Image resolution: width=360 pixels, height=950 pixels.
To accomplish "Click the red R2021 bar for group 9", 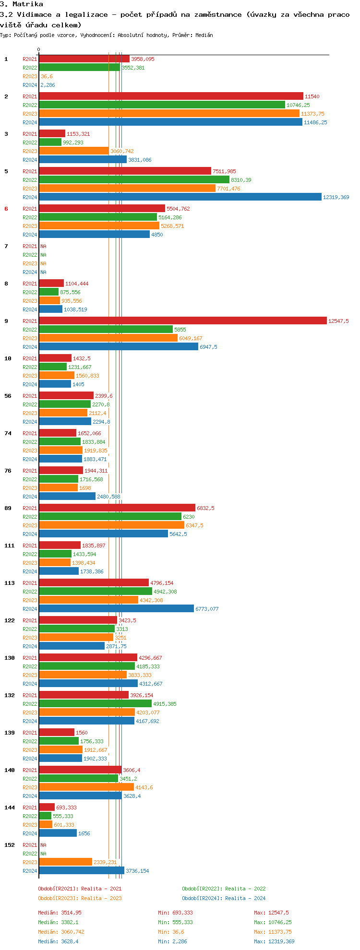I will coord(182,321).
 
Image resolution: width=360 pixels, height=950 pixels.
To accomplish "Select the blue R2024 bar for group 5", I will coord(180,197).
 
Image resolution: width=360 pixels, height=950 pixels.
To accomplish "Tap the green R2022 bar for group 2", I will coord(162,105).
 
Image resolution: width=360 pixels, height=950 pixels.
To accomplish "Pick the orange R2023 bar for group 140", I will coord(86,787).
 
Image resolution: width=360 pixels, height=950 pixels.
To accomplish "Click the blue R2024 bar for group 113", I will coord(116,608).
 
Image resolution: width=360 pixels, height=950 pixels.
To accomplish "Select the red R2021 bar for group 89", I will coord(117,508).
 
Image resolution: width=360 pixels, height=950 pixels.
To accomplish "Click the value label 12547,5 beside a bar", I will coord(338,321).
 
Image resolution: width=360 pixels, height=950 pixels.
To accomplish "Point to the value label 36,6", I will coord(47,76).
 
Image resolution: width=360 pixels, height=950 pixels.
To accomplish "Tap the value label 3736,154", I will coord(137,871).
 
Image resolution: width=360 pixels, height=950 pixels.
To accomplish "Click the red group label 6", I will coord(6,209).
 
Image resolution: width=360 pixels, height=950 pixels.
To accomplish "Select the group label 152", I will coord(10,845).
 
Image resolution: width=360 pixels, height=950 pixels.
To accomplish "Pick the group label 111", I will coord(10,546).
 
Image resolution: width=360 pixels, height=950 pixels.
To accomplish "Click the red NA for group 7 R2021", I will coord(43,246).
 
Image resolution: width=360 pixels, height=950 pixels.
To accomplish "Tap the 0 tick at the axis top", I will coord(39,49).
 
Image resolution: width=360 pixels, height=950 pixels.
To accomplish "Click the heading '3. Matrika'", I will coord(22,4).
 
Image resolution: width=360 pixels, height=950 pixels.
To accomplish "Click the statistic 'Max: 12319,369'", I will coord(274,941).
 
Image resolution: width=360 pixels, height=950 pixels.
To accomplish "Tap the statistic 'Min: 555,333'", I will coord(175,922).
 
